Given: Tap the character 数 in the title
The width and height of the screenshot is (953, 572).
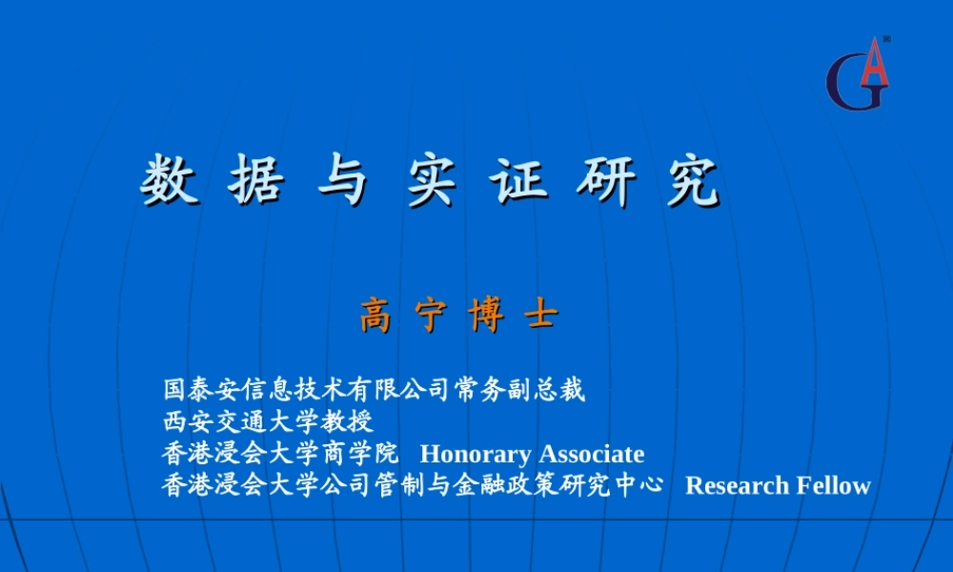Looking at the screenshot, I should pos(170,180).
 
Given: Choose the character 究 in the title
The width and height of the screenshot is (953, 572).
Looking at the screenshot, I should pos(692,180).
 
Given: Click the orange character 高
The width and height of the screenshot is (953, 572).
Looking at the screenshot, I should pos(375,317).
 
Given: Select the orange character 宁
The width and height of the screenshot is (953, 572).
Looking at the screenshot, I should pos(431,317).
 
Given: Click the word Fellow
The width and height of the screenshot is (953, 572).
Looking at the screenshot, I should pos(833,485).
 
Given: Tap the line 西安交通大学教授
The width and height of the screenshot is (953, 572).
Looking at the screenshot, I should pos(268,421).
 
